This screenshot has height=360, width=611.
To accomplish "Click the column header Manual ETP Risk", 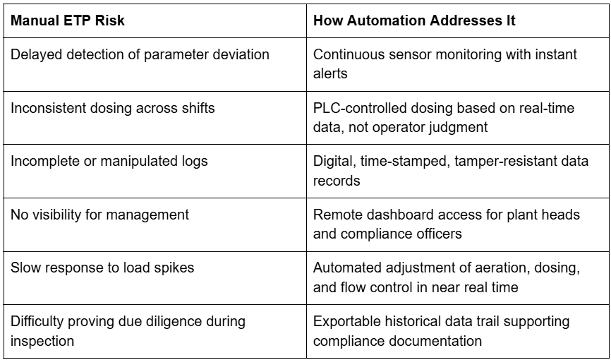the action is click(x=68, y=20).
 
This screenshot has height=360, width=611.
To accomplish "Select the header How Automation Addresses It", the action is click(x=414, y=20).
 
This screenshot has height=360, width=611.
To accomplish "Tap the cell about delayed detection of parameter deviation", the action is click(x=140, y=54).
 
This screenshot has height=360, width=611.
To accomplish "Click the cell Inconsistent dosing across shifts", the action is click(x=113, y=108).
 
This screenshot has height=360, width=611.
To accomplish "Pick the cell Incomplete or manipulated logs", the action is click(x=109, y=162).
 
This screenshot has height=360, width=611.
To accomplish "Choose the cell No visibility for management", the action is click(x=99, y=215).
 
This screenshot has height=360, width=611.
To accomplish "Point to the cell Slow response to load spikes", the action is click(x=102, y=268).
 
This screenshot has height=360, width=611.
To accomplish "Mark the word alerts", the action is click(x=330, y=73).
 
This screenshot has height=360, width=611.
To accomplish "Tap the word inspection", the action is click(x=42, y=341).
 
